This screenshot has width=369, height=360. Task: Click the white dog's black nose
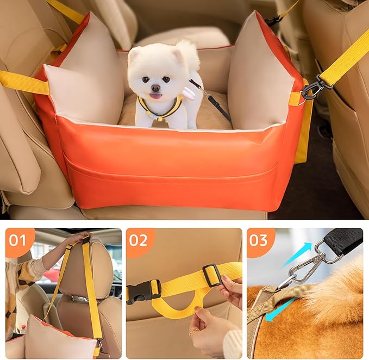tap(156, 88)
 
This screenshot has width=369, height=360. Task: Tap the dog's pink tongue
tap(156, 96)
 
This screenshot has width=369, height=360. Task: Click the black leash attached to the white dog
tap(215, 101)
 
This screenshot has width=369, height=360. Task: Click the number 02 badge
tap(139, 240)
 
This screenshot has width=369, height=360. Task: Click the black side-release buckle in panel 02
tap(143, 290)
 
